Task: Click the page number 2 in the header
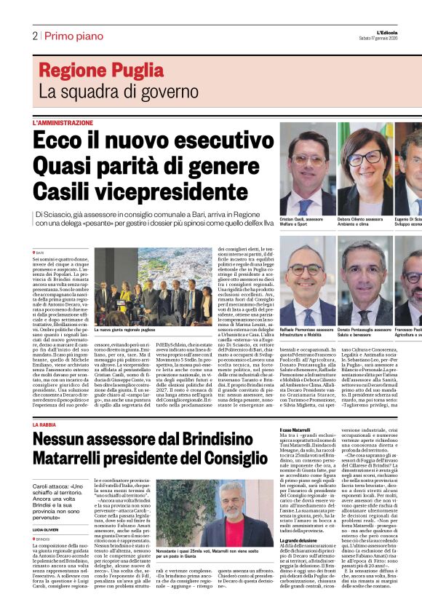[34, 36]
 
